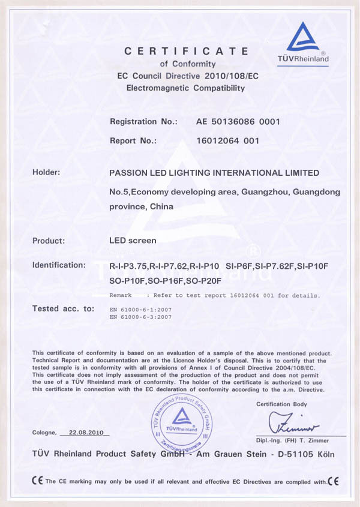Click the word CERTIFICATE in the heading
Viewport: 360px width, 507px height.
tap(185, 51)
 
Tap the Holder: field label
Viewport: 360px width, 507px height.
tap(46, 173)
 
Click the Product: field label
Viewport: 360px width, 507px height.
tap(49, 241)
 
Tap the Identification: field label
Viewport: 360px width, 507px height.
tap(59, 265)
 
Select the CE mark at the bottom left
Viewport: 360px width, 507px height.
tap(37, 481)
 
